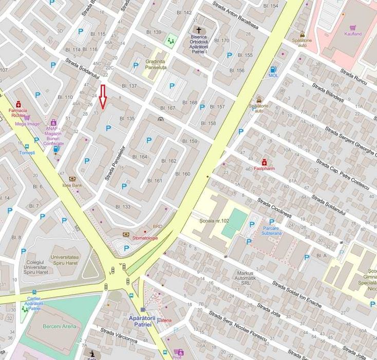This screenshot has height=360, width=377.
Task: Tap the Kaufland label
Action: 353,34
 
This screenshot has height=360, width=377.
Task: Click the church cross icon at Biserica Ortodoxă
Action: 198,30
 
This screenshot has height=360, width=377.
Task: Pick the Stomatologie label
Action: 145,238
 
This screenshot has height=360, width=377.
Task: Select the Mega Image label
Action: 27,123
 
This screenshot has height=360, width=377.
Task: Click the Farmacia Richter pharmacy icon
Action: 19,103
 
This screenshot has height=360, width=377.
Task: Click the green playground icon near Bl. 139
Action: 170,39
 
